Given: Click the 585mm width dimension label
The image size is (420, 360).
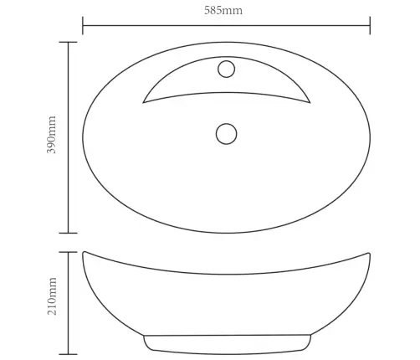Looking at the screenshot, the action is click(223, 10).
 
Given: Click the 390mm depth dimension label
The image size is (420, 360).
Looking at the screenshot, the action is click(52, 135).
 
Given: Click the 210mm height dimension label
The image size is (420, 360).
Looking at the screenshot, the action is click(52, 296).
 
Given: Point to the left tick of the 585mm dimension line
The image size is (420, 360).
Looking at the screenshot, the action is click(83, 25).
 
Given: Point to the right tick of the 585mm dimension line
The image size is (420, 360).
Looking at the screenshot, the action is click(370, 25).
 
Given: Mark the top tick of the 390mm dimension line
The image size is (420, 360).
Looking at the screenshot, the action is click(69, 42).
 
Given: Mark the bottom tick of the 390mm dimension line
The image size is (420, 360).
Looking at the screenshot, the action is click(69, 233).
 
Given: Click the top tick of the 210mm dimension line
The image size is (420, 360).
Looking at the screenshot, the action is click(69, 252).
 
